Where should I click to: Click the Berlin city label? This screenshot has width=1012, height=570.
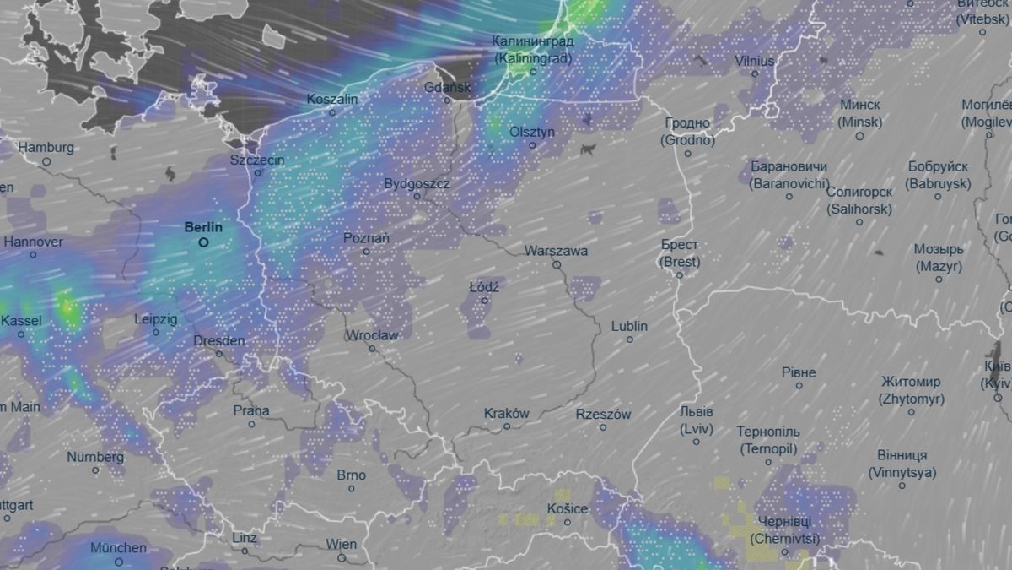click(203, 227)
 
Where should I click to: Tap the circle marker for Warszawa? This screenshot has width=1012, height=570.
click(557, 265)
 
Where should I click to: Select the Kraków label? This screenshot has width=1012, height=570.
click(507, 414)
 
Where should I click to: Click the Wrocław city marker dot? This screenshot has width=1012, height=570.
click(372, 349)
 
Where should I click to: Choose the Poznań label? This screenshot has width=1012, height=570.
click(366, 238)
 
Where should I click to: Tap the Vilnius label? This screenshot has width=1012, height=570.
click(754, 61)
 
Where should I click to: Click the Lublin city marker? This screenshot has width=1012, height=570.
click(629, 339)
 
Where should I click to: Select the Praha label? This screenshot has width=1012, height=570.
click(251, 411)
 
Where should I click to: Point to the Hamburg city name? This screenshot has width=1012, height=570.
click(46, 148)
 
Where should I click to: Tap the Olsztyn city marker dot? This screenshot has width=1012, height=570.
click(532, 145)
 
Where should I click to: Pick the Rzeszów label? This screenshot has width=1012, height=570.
click(603, 415)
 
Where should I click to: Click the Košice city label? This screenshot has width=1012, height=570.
click(567, 508)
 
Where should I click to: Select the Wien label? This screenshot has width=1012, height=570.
click(341, 545)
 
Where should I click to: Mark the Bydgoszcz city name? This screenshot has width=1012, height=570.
click(417, 183)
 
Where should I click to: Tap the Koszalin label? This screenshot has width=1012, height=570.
click(332, 100)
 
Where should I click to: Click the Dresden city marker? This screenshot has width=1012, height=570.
click(219, 354)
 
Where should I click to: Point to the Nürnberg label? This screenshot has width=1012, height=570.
click(95, 458)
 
